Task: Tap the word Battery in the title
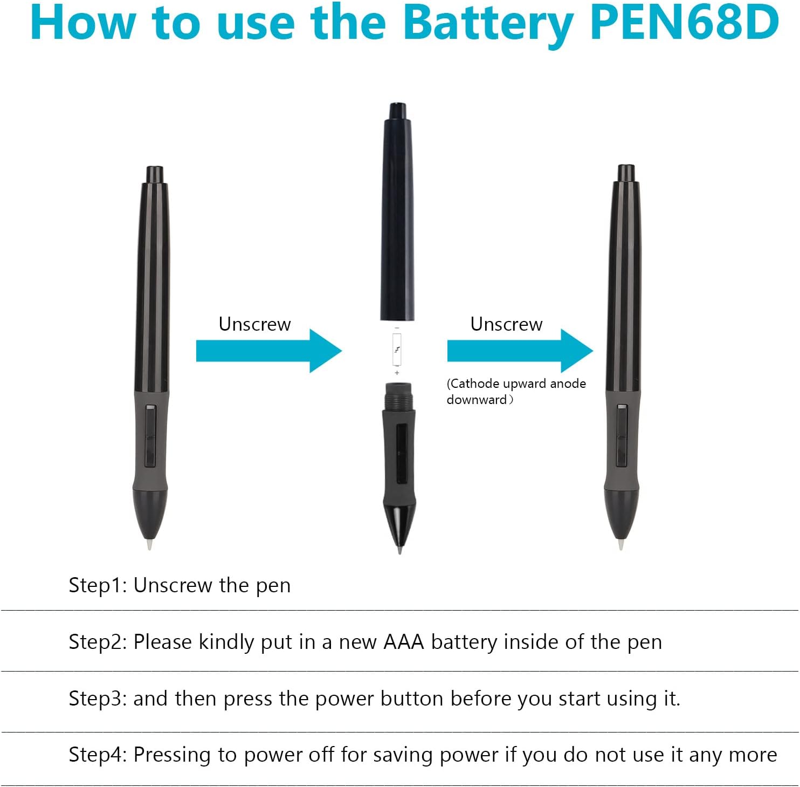pos(488,24)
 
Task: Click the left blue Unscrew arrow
pos(268,351)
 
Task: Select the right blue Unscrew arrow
pos(520,351)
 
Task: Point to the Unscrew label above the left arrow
pos(254,324)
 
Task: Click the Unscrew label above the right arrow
pos(506,324)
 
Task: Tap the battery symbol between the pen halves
pos(397,350)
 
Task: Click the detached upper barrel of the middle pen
pos(397,212)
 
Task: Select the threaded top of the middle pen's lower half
pos(398,396)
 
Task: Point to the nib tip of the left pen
pos(149,545)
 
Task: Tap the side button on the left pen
pos(150,436)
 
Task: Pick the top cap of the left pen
pos(155,175)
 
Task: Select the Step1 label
pos(98,585)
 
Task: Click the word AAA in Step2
pos(404,642)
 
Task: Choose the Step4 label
pos(98,755)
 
